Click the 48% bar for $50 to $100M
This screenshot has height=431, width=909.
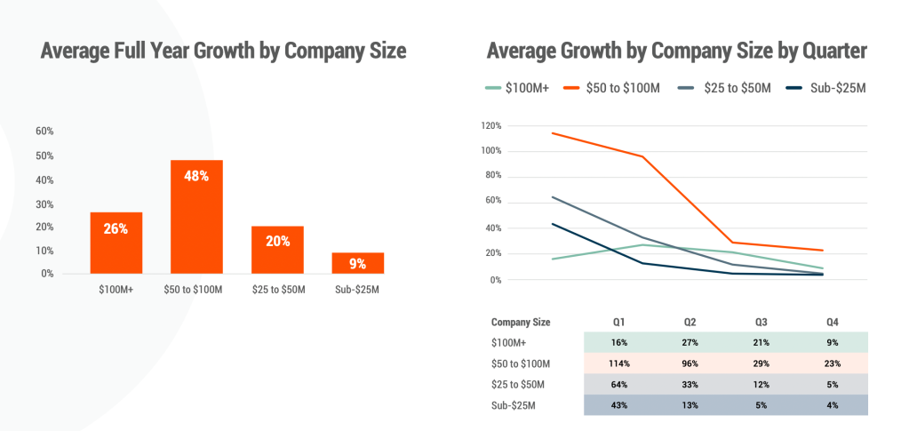pos(196,217)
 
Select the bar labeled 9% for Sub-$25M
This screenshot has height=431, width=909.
pos(358,263)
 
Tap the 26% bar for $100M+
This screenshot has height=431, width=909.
pos(116,243)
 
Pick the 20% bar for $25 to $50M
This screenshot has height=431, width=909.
pos(277,250)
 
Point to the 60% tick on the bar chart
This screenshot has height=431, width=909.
pos(44,131)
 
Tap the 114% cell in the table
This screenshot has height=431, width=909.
pos(619,363)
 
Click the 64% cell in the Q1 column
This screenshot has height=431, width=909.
pos(619,385)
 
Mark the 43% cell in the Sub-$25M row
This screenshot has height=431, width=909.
pos(619,406)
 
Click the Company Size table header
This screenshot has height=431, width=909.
pos(521,322)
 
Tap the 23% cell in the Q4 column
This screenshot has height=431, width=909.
pos(831,363)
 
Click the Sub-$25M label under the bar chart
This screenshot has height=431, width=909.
pos(358,290)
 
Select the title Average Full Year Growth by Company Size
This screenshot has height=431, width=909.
pos(223,52)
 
